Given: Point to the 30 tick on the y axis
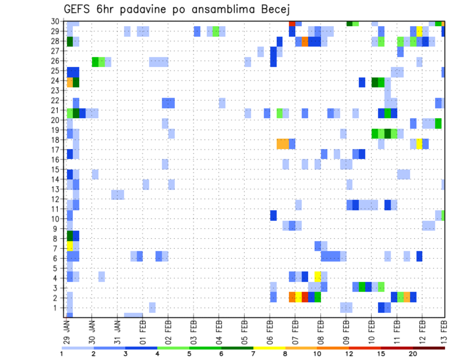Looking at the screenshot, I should coord(56,21).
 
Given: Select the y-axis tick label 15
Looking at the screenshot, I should coord(56,169).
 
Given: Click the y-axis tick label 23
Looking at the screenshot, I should coord(56,90).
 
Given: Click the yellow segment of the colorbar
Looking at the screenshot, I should coord(269,348).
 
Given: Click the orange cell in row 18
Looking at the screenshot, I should coord(283,144).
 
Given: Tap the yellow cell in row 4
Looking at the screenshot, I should coord(318,276).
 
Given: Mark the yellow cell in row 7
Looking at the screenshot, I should coord(70,246).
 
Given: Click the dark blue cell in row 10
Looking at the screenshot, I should coord(273,215).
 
